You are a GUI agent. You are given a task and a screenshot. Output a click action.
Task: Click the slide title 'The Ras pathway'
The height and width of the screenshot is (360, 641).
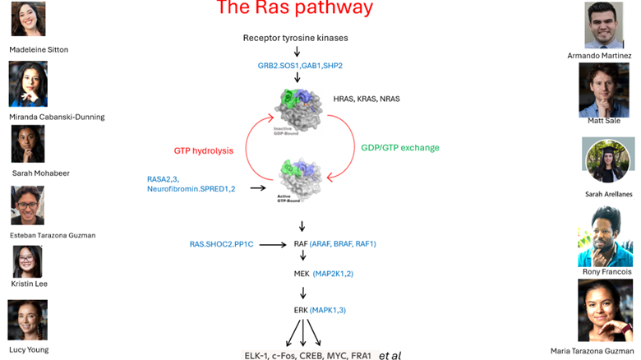[x=294, y=9]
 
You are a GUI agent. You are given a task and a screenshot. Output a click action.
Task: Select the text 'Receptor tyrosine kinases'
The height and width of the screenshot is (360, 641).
[x=296, y=39]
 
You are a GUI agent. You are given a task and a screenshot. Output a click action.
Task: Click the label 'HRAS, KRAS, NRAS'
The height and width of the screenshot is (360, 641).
[x=367, y=99]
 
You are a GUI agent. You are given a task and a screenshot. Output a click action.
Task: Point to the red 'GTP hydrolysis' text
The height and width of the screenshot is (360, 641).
[x=204, y=151]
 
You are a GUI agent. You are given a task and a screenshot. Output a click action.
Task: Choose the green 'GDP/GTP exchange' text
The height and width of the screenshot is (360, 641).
[x=400, y=148]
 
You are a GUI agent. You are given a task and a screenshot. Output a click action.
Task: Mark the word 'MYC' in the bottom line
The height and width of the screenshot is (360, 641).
[x=339, y=356]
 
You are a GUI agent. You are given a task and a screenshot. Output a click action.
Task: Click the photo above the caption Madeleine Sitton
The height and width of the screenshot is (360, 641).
[x=27, y=19]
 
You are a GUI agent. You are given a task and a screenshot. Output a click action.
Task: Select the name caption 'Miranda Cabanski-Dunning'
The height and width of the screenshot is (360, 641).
[x=57, y=117]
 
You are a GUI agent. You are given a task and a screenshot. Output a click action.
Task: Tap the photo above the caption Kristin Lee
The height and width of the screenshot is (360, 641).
[x=27, y=261]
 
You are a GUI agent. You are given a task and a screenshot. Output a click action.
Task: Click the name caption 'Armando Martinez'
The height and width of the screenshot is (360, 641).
[x=600, y=56]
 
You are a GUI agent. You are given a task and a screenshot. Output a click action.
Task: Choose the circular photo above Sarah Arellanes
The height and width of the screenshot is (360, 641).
[x=608, y=160]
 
